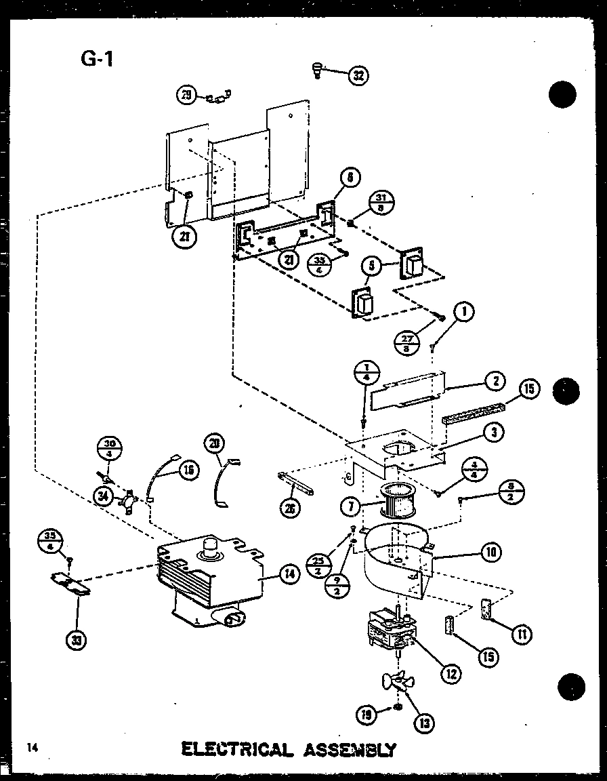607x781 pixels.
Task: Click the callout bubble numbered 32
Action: (358, 75)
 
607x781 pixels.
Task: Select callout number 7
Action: (350, 504)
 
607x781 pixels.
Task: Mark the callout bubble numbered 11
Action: (521, 634)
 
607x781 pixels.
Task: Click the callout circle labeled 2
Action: (495, 381)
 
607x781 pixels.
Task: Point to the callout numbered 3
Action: (495, 431)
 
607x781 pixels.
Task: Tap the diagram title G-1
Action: (97, 59)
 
